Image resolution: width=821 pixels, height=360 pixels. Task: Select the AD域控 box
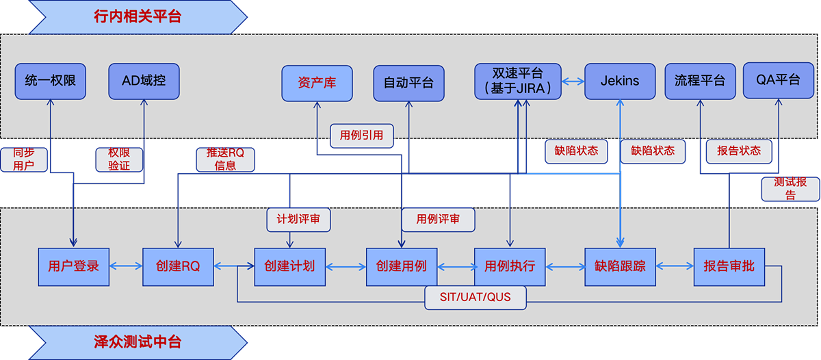pos(144,81)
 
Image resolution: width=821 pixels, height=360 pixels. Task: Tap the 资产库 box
pos(317,83)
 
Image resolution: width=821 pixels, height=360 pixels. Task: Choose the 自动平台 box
pos(408,83)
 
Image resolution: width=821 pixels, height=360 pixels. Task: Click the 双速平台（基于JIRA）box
pos(518,81)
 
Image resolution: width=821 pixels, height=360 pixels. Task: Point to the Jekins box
pos(619,81)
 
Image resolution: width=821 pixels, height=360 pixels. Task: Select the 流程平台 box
pos(699,81)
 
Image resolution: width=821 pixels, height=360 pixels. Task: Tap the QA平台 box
pos(778,80)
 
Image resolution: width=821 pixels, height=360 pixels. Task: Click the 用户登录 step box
pos(73,266)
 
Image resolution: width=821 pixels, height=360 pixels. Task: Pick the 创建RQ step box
pos(178,266)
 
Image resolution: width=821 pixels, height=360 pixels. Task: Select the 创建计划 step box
pos(289,266)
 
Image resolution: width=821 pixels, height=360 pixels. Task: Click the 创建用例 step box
pos(402,266)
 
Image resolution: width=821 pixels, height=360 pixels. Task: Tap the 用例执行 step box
pos(510,266)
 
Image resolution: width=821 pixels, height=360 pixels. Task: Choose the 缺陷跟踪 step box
pos(620,266)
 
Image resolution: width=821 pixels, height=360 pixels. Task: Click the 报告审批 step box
pos(729,266)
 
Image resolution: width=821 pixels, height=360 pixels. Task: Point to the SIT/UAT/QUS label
pos(476,298)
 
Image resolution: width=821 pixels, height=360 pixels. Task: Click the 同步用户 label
pos(23,159)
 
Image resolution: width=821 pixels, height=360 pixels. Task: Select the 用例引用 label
pos(361,136)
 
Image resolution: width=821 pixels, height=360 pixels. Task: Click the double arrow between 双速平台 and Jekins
pos(573,81)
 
